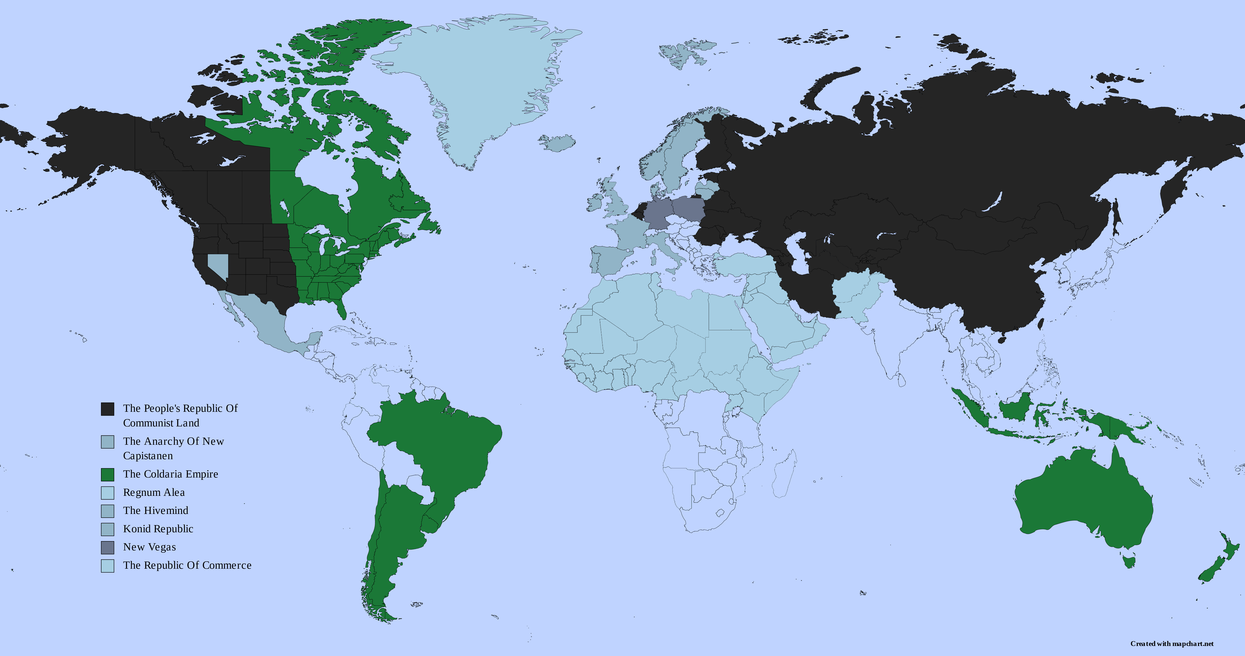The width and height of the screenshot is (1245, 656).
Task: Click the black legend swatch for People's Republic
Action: pos(107,409)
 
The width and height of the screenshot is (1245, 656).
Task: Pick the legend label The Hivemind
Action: pos(156,510)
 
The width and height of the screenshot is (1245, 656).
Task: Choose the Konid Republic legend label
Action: pos(158,529)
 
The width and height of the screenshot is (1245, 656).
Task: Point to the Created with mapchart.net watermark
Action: pos(1172,643)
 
